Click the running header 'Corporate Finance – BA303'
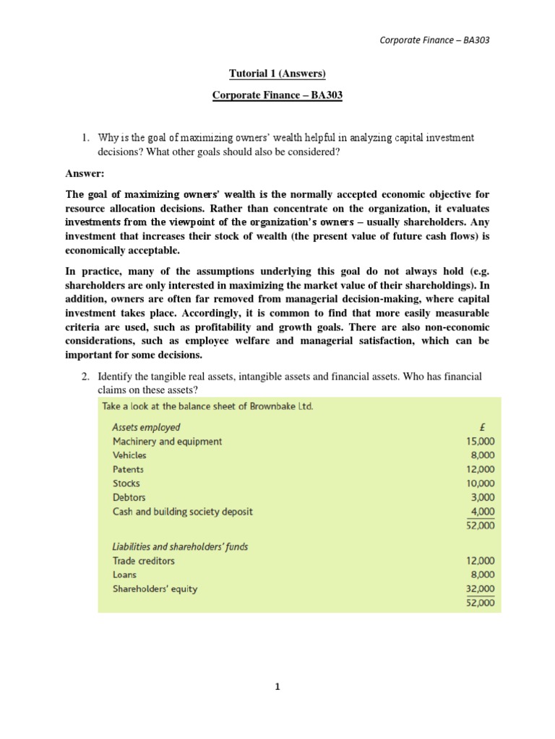tap(435, 40)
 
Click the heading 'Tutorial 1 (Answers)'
tap(277, 74)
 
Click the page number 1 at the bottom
tap(277, 687)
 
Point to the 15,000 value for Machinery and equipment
tap(481, 441)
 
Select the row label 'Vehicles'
tap(129, 455)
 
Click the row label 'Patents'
tap(128, 469)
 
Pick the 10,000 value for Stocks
tap(481, 484)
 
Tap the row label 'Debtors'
tap(129, 497)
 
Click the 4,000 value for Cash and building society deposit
tap(483, 512)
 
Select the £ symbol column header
tap(491, 427)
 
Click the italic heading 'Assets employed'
tap(146, 427)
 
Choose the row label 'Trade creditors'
tap(143, 561)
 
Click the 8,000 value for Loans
tap(483, 574)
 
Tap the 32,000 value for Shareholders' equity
tap(481, 589)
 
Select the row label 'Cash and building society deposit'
tap(183, 512)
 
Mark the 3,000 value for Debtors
tap(483, 497)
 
